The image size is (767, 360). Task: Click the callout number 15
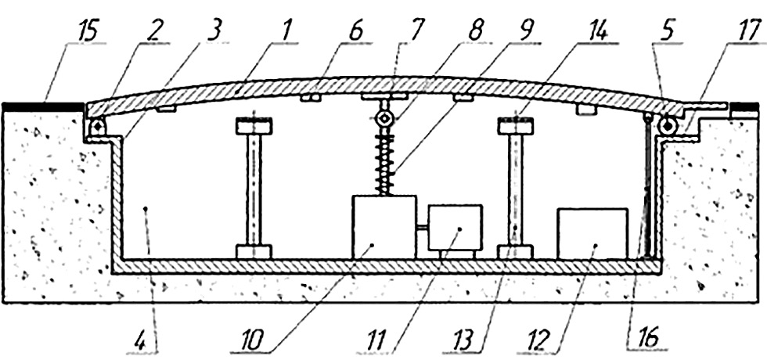(x=87, y=32)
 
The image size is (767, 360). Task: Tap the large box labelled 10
(x=384, y=227)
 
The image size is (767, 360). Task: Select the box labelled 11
(x=455, y=228)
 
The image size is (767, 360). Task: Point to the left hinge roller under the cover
(x=99, y=126)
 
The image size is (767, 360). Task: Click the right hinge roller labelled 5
(x=666, y=126)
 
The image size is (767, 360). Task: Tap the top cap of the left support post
(x=254, y=126)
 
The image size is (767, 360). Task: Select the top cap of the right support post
(x=516, y=126)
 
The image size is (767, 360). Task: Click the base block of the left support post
(x=254, y=252)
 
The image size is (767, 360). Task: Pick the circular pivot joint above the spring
(x=385, y=118)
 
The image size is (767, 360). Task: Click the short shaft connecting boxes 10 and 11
(x=422, y=228)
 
